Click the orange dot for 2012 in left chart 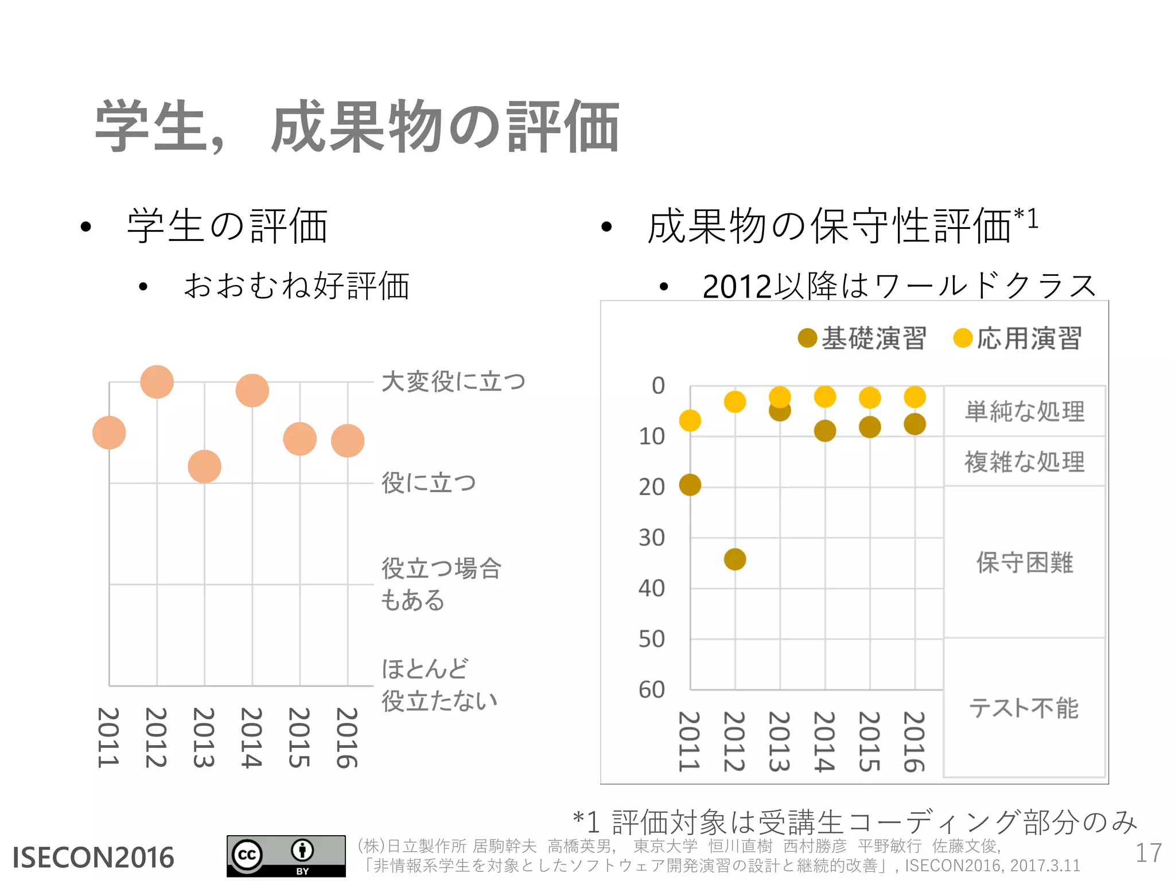point(157,382)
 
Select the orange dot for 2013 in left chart point(204,466)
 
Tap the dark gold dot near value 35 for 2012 point(735,559)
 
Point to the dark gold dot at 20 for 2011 point(690,485)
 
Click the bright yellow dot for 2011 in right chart point(690,421)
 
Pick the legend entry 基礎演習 point(862,338)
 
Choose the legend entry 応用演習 point(1018,338)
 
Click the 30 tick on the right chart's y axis point(652,538)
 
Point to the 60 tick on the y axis point(652,690)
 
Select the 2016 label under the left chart point(347,738)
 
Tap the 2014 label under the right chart point(824,742)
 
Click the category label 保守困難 point(1025,563)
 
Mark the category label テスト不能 point(1024,708)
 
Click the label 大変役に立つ point(453,382)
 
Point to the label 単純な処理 point(1025,412)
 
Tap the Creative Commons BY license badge point(286,856)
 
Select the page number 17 point(1148,853)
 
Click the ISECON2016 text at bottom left point(93,857)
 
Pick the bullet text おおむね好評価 point(296,286)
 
